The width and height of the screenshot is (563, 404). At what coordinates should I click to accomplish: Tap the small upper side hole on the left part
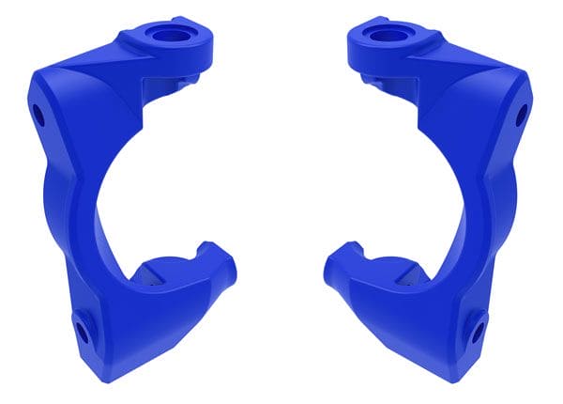tap(38, 117)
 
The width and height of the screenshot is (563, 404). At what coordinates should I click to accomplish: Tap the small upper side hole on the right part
tap(523, 117)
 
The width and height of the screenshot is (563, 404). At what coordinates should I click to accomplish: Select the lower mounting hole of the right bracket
tap(479, 331)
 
